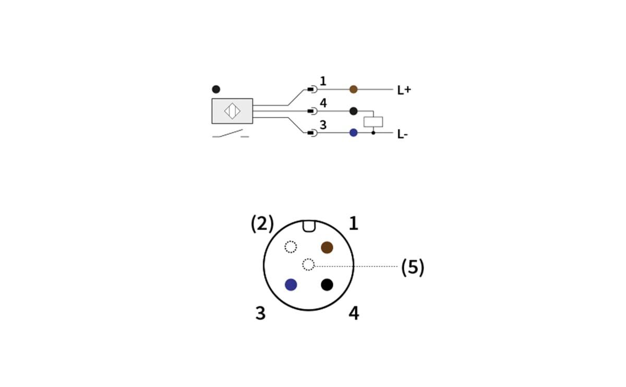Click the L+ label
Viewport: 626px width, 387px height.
pos(404,90)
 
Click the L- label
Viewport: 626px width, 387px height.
pos(402,134)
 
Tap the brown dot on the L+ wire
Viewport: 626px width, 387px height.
pos(353,89)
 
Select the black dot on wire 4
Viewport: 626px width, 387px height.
pos(353,111)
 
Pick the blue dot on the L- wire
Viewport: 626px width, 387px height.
pos(353,133)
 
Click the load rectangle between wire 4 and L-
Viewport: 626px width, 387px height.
pos(373,122)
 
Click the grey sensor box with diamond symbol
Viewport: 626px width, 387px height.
pos(232,111)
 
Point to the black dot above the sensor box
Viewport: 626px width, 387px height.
pos(216,89)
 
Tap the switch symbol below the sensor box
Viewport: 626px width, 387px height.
pos(230,134)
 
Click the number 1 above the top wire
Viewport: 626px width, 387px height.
pos(323,81)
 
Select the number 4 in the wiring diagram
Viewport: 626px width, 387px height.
pos(323,103)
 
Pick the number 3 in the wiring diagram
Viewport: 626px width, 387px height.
pos(323,125)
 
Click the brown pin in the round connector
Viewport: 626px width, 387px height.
pos(327,248)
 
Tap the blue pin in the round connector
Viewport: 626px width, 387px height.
pos(291,285)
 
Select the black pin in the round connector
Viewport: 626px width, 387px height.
pos(327,285)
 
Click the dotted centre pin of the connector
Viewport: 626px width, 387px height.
pos(308,265)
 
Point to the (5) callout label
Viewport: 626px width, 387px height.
pos(413,267)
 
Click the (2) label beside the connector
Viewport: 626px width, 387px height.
pos(262,224)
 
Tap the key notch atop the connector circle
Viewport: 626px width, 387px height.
pos(309,226)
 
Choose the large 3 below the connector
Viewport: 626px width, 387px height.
pos(260,313)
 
